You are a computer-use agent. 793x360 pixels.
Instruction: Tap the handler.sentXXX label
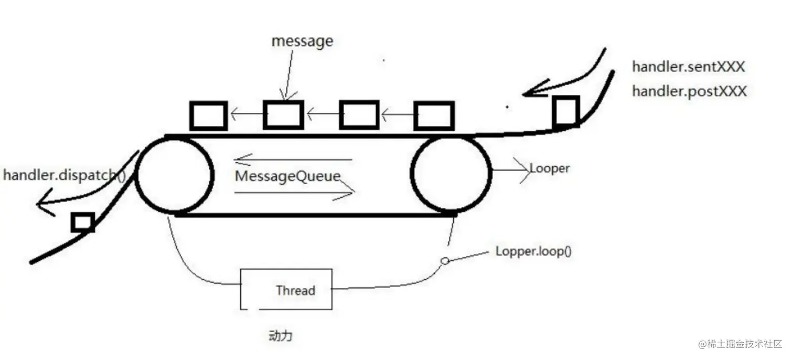[x=688, y=67]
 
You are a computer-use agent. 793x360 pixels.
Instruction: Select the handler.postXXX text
[x=689, y=91]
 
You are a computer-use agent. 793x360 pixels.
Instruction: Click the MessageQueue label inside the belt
[x=287, y=176]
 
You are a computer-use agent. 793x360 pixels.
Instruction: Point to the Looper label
[x=549, y=168]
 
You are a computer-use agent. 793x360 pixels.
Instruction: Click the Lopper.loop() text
[x=533, y=251]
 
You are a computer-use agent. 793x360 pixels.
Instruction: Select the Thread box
[x=286, y=289]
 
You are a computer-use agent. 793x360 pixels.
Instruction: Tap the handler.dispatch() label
[x=65, y=175]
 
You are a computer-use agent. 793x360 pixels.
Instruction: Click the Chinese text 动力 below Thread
[x=280, y=335]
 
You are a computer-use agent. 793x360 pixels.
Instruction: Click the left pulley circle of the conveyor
[x=174, y=175]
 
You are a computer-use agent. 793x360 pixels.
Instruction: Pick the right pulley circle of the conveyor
[x=451, y=175]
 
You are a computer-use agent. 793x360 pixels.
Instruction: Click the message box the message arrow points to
[x=283, y=115]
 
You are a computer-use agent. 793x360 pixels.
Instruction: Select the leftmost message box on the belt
[x=208, y=116]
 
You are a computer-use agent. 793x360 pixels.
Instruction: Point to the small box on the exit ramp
[x=83, y=223]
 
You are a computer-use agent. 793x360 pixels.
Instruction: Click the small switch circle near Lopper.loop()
[x=445, y=261]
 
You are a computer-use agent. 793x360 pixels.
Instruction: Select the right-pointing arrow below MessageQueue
[x=294, y=193]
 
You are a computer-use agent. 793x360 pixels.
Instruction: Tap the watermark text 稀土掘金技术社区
[x=740, y=344]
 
